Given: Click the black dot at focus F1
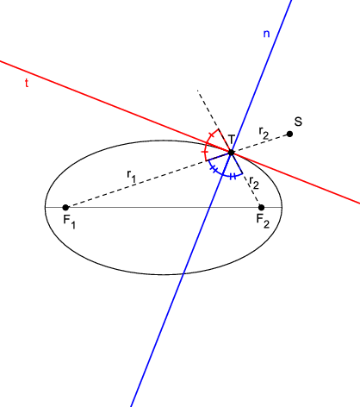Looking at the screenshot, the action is point(65,207).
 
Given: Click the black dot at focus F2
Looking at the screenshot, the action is point(261,207).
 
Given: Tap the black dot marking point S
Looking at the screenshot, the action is point(289,134).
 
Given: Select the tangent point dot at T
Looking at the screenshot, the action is point(231,153).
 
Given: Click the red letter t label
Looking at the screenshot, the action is point(27,83).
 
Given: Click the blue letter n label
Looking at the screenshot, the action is point(266,34).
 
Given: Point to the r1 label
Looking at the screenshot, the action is point(131,176).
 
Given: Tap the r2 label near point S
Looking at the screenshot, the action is point(264,133).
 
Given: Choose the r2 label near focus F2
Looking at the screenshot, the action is point(254,183).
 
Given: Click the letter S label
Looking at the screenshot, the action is point(298,122).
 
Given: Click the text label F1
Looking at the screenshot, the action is point(69,222).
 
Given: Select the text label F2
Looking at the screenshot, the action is point(263,222).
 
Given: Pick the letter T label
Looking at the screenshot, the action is point(232,140).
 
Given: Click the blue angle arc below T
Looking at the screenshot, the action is point(224,174).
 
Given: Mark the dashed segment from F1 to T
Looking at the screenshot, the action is point(148,179).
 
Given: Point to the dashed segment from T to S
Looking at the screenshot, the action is point(260,143).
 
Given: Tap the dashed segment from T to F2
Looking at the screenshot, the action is point(246,179).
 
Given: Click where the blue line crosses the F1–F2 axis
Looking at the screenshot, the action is point(210,207).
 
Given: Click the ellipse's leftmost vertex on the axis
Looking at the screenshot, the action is point(45,207).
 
